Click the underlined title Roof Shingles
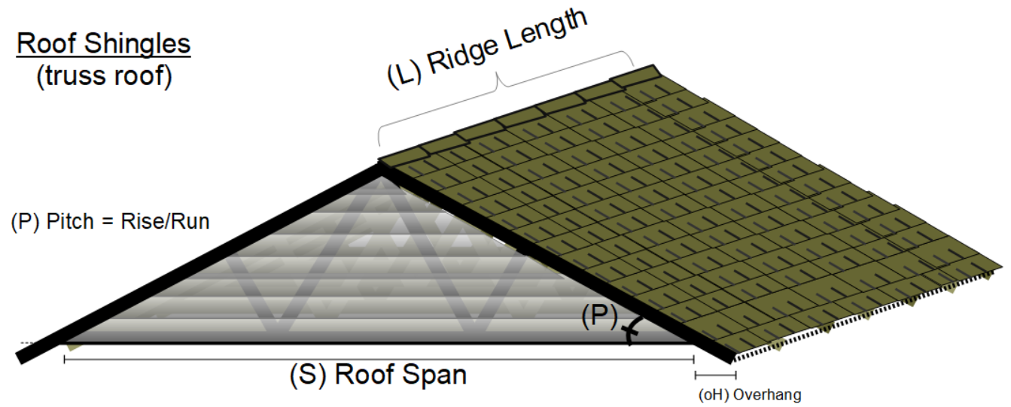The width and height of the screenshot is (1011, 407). (x=104, y=44)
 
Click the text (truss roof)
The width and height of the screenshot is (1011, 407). (x=104, y=77)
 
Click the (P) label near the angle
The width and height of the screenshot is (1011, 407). (x=598, y=317)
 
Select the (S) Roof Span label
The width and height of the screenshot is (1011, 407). (x=377, y=375)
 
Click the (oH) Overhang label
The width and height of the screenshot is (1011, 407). (x=750, y=394)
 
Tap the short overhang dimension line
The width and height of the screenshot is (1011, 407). (x=715, y=373)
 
